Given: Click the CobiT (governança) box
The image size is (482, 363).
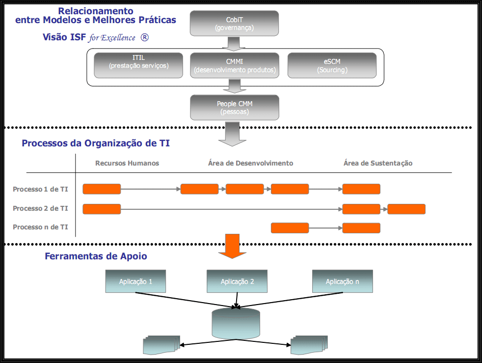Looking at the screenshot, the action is (234, 24).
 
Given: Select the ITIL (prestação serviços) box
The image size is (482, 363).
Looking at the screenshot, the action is (138, 65).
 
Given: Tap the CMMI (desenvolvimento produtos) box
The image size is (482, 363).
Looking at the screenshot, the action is (235, 65).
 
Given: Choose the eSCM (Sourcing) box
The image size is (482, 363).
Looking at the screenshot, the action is (332, 65).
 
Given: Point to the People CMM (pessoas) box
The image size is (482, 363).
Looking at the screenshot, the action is (235, 108).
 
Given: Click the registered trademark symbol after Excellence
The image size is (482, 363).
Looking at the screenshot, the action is (144, 37).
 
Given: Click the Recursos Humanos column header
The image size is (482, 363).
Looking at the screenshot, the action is (127, 163).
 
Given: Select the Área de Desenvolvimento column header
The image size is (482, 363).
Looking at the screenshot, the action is (250, 163).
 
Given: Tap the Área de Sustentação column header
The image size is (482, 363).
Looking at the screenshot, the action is (378, 163).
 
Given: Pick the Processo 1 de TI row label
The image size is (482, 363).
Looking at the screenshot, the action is (40, 189).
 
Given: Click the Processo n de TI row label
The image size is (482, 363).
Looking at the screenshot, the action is (40, 227).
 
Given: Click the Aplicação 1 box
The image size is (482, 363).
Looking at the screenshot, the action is (135, 281).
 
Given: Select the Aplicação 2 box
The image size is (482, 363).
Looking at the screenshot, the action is (237, 281).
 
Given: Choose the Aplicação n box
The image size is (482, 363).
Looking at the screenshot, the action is (343, 281).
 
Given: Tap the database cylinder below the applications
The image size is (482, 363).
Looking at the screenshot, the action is (236, 323).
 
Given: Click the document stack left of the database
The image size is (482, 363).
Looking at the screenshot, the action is (161, 345).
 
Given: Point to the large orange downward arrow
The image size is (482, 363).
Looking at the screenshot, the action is (232, 246).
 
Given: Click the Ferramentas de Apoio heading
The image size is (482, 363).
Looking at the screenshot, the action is (96, 256).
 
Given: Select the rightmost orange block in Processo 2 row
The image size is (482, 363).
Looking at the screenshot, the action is (406, 209).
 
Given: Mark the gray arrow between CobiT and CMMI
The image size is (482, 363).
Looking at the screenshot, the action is (234, 44).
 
